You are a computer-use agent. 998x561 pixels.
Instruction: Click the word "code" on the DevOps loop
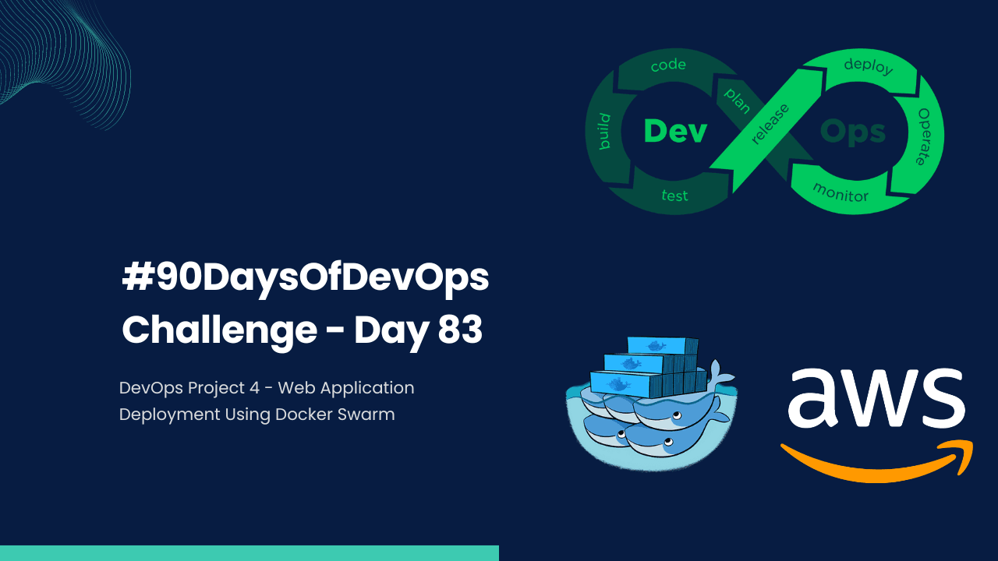tap(668, 65)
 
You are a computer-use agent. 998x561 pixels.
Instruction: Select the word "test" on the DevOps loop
tap(674, 195)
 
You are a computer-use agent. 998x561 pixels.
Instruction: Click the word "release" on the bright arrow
tap(770, 123)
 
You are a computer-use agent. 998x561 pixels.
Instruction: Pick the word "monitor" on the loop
tap(841, 192)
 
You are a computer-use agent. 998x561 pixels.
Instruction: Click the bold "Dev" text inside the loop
tap(675, 131)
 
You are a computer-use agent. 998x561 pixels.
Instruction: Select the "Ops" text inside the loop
tap(853, 132)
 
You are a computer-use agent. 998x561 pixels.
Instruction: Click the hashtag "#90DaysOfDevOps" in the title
tap(305, 279)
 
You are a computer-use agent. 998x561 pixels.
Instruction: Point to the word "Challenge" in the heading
tap(218, 330)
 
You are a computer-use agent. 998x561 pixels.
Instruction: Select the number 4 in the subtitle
tap(255, 387)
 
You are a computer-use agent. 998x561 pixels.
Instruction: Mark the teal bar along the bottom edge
tap(249, 553)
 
